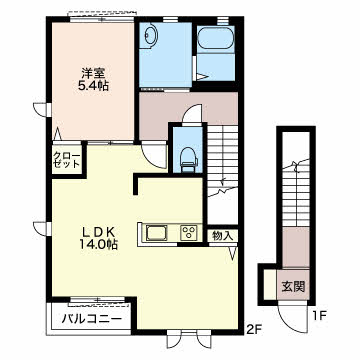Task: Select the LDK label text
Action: point(99,231)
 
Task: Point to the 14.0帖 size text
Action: point(99,245)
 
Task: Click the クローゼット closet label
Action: point(67,160)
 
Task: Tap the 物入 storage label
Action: point(222,236)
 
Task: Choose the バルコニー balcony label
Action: point(92,320)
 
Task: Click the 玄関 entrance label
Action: point(293,286)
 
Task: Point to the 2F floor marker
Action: point(253,330)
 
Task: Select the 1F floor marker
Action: point(318,315)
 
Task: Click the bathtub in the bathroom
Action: point(215,38)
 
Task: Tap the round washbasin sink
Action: point(151,34)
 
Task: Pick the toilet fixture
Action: point(187,160)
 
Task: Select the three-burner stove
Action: point(189,232)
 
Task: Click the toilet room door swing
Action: point(193,114)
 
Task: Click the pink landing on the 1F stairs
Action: point(296,247)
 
